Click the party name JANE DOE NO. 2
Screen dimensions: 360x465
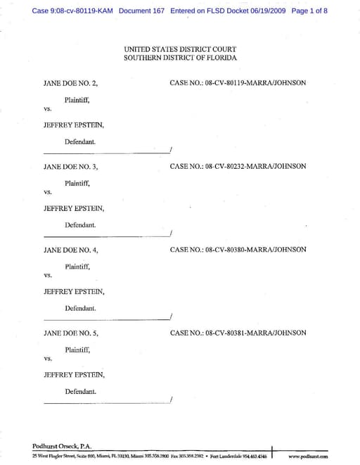coord(70,84)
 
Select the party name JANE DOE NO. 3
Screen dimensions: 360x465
coord(70,167)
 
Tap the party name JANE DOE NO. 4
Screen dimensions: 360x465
coord(70,250)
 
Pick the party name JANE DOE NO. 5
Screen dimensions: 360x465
coord(70,333)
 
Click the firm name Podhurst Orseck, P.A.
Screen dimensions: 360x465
coord(62,446)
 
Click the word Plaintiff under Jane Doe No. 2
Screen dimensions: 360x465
coord(77,100)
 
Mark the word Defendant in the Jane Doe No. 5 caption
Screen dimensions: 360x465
coord(80,391)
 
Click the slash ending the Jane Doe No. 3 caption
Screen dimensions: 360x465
coord(171,233)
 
